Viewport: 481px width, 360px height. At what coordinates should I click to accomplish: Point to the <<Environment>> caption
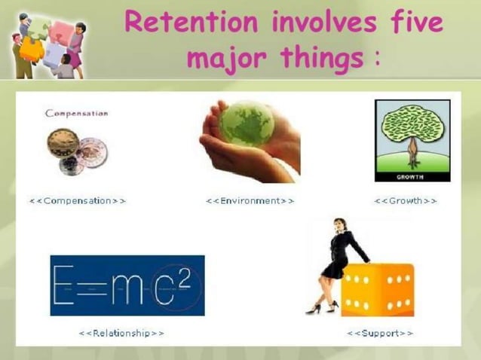[250, 201]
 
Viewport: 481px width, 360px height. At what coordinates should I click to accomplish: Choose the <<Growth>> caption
[406, 201]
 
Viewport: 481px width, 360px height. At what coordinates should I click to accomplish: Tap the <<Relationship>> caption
[121, 332]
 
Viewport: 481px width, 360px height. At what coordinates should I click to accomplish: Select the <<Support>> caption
[380, 332]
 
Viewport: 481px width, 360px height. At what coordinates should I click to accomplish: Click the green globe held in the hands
[247, 124]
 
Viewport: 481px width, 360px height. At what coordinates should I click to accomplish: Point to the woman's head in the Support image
[340, 226]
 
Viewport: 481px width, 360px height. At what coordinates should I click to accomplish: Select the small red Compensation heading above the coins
[76, 114]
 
